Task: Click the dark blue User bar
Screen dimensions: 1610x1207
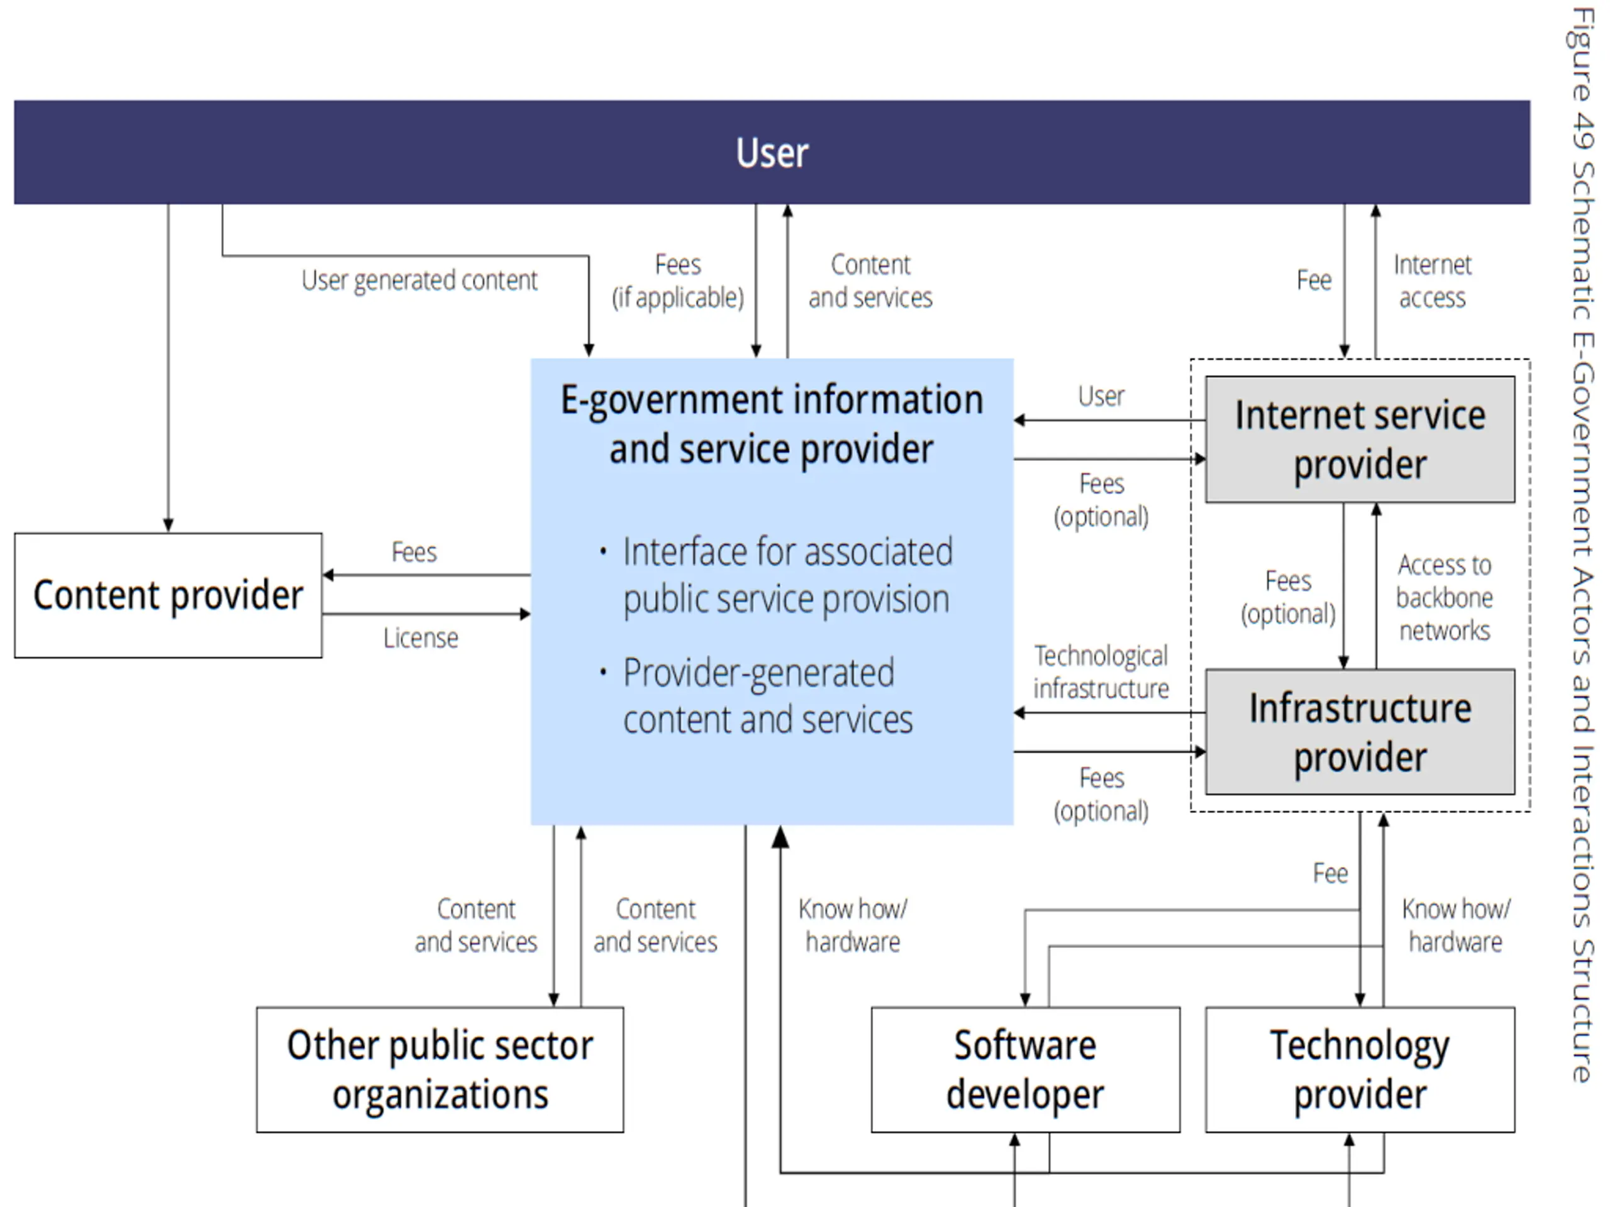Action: pyautogui.click(x=772, y=152)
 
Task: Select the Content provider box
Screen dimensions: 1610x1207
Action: pyautogui.click(x=168, y=595)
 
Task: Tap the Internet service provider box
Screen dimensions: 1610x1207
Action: pyautogui.click(x=1360, y=439)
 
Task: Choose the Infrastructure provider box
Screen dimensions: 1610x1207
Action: pyautogui.click(x=1360, y=732)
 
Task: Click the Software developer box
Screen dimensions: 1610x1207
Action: pyautogui.click(x=1025, y=1069)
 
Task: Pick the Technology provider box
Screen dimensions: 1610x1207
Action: pyautogui.click(x=1360, y=1069)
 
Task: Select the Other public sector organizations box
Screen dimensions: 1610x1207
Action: pyautogui.click(x=440, y=1069)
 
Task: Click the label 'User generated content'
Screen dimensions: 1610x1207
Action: pyautogui.click(x=419, y=280)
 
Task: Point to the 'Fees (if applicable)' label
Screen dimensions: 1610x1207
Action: pyautogui.click(x=677, y=281)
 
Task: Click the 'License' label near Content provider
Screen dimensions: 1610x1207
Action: pyautogui.click(x=421, y=638)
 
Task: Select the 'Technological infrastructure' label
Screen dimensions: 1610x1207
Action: pyautogui.click(x=1101, y=671)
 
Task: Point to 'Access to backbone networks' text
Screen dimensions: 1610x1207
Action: pyautogui.click(x=1444, y=597)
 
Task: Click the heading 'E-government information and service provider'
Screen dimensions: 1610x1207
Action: pyautogui.click(x=772, y=424)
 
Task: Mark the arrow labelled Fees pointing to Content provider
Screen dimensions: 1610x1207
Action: pyautogui.click(x=426, y=575)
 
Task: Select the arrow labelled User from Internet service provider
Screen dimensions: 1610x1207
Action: pyautogui.click(x=1110, y=420)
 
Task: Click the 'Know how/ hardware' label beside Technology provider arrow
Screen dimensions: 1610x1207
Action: pyautogui.click(x=1456, y=925)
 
